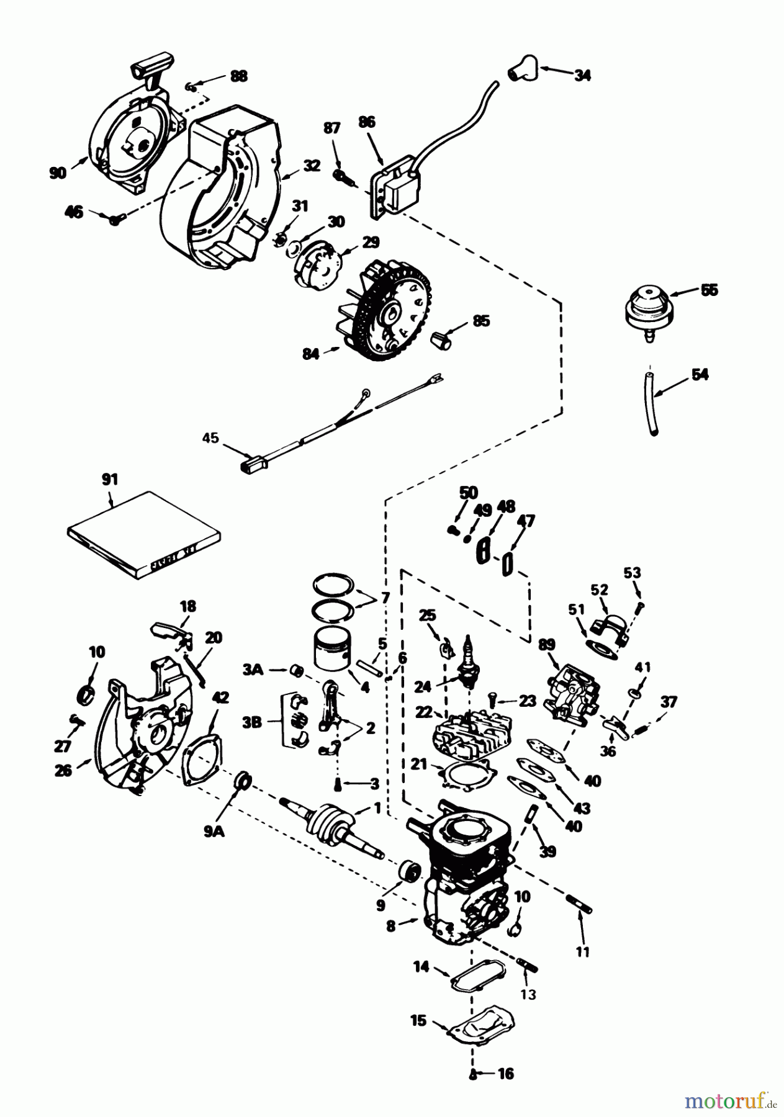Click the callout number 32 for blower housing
tap(312, 166)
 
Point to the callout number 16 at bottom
tap(506, 1074)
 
